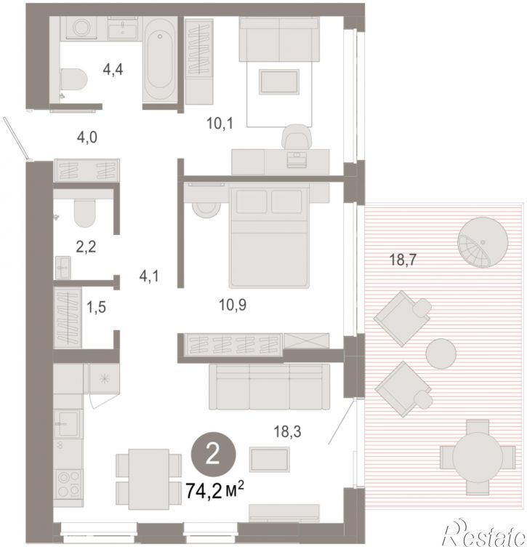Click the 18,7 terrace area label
[x=403, y=260]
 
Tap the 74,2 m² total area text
[x=214, y=490]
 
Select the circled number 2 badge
[x=213, y=455]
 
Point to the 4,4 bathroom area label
[x=113, y=70]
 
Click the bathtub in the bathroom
[x=160, y=60]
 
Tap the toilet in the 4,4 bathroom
[x=73, y=79]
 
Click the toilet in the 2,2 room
[x=85, y=213]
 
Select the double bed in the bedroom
[x=269, y=237]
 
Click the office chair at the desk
[x=297, y=137]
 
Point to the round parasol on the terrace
[x=483, y=242]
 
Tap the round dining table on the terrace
[x=478, y=458]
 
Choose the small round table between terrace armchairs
[x=441, y=354]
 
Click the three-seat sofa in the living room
[x=269, y=386]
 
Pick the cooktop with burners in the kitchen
[x=68, y=484]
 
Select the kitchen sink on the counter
[x=68, y=423]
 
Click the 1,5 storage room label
[x=96, y=308]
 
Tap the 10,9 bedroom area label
[x=233, y=305]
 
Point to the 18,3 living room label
[x=288, y=432]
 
